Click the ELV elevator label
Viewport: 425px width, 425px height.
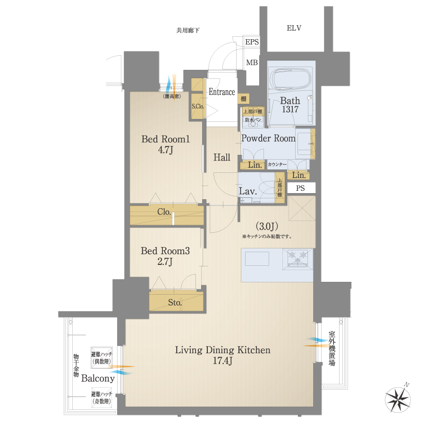click(294, 28)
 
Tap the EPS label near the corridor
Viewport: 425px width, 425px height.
click(252, 42)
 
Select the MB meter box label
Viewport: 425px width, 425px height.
click(252, 62)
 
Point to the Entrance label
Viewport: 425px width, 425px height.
click(222, 92)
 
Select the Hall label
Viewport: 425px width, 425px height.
click(222, 157)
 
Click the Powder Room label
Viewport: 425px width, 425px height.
click(268, 138)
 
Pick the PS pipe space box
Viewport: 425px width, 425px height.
click(300, 188)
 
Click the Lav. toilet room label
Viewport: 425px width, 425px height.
click(248, 191)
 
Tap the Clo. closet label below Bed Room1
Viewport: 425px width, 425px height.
click(164, 212)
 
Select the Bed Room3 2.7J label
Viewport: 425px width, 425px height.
click(165, 257)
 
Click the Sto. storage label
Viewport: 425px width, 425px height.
click(175, 303)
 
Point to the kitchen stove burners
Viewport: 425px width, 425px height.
click(298, 258)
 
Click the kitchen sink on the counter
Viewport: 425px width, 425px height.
click(257, 259)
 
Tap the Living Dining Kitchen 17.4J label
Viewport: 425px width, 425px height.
click(222, 355)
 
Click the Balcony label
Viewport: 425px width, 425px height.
click(98, 378)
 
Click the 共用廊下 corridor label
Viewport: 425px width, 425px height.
click(188, 31)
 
